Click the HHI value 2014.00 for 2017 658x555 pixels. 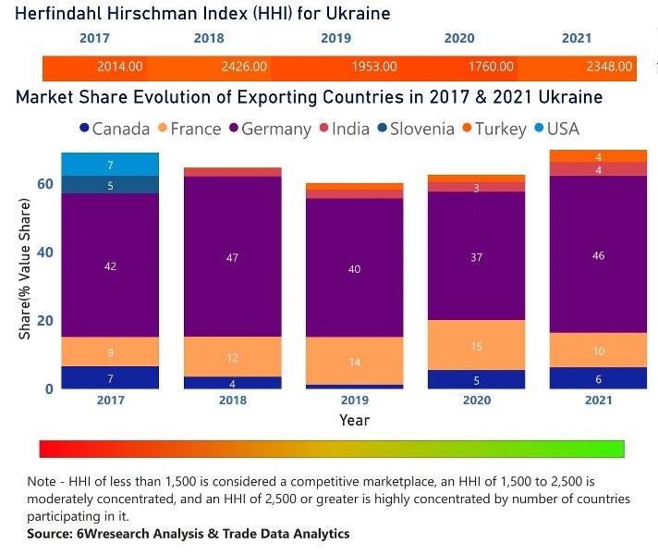120,68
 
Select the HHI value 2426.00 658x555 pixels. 245,68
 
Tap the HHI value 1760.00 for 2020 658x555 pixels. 491,68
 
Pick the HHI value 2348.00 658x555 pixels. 610,68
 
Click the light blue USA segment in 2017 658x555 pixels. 110,165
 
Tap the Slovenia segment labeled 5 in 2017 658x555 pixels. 110,185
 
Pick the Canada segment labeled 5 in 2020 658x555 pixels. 477,380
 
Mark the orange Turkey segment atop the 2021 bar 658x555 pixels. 598,156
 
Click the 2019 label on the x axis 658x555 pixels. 355,401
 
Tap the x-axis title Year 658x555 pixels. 354,420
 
